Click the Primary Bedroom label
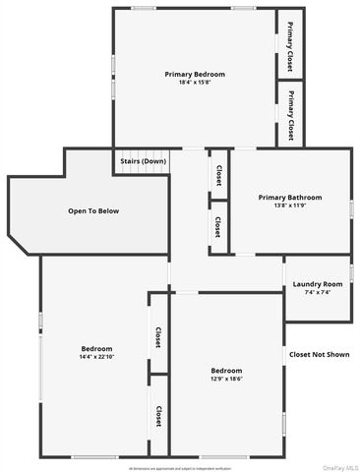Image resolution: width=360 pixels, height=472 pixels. click(x=195, y=75)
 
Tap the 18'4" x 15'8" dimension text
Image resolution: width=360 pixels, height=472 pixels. click(x=195, y=83)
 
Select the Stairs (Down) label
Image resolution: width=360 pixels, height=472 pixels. click(x=143, y=160)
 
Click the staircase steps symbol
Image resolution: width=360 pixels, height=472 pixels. click(x=143, y=171)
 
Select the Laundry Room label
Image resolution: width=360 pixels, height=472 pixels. click(x=318, y=284)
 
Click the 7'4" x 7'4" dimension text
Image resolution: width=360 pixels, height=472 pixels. click(x=318, y=292)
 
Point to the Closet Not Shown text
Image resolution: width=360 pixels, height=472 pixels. click(x=319, y=354)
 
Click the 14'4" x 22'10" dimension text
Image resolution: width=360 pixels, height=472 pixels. click(x=96, y=357)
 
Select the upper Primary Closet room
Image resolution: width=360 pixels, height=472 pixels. click(x=291, y=44)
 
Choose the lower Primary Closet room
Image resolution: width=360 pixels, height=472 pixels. click(x=291, y=114)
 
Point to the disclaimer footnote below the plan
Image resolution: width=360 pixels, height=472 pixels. click(x=180, y=467)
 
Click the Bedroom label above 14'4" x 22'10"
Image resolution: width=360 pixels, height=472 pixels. click(x=96, y=349)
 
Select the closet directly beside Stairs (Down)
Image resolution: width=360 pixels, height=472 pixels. click(x=218, y=173)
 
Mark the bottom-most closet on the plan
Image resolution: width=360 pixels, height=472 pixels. click(x=158, y=416)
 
